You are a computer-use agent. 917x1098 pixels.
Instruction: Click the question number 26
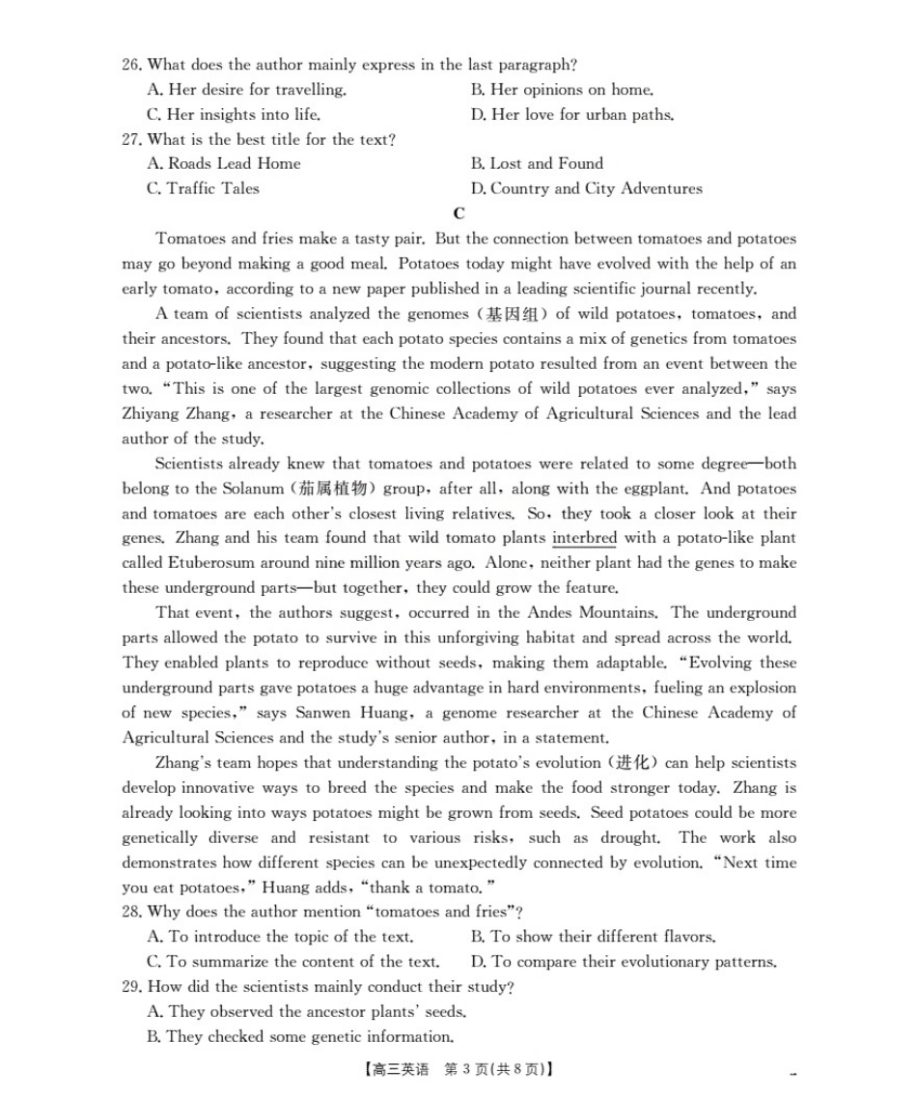132,65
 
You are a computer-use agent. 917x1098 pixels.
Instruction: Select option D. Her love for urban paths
571,114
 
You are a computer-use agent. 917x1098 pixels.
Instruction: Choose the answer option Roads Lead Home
224,163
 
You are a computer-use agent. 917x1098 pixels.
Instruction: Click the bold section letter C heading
458,213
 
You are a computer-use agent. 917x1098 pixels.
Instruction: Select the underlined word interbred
583,538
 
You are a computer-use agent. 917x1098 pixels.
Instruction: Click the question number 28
132,912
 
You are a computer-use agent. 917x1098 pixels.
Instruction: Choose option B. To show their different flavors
593,937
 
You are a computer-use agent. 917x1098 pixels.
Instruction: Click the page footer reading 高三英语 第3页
459,1069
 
